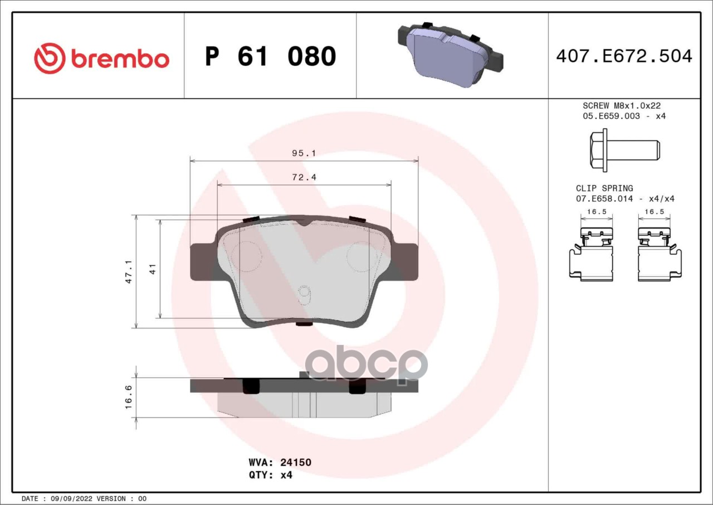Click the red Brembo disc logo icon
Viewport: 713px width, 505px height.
50,59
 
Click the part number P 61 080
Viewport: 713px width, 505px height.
271,56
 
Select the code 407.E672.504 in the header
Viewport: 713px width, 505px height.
624,56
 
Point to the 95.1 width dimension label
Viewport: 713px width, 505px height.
304,153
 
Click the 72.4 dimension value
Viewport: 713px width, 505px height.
304,177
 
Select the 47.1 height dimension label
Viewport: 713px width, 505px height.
129,271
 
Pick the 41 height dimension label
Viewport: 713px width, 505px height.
153,269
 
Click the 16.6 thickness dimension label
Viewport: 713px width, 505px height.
128,397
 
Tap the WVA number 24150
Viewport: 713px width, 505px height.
296,462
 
